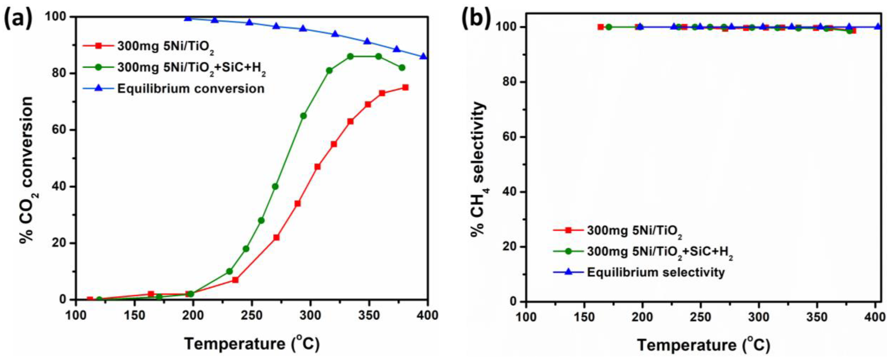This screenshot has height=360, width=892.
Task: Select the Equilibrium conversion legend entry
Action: tap(191, 89)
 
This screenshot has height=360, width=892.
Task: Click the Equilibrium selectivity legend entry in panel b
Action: tap(655, 272)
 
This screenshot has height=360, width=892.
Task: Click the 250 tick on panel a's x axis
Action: tap(251, 315)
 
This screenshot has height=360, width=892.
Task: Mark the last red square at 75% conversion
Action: tap(405, 88)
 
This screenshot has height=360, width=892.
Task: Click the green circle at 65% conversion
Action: tap(303, 116)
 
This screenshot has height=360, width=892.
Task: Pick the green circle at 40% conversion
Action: tap(275, 187)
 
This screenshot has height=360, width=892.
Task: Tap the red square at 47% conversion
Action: tap(317, 167)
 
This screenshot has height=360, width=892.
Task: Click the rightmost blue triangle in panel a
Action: tap(423, 56)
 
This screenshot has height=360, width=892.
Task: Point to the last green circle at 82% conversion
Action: tap(402, 68)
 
